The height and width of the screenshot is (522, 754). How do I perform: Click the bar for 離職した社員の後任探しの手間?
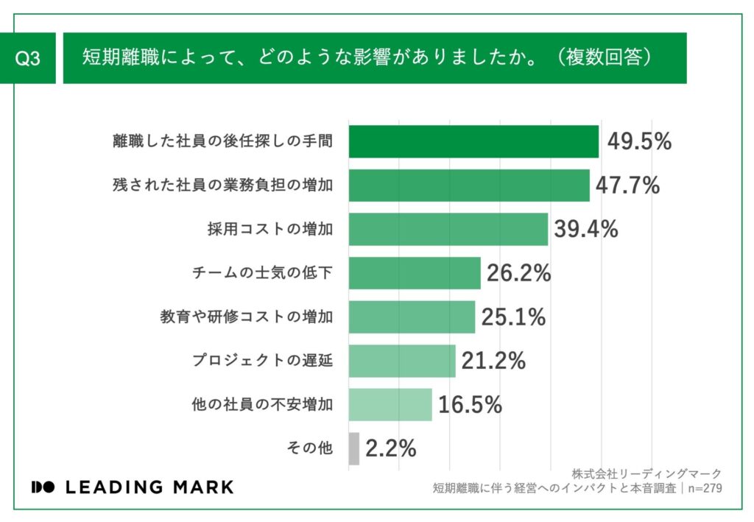point(473,141)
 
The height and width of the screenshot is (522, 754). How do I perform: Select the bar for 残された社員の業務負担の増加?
point(468,186)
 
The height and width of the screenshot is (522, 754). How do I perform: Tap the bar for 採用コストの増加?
point(448,229)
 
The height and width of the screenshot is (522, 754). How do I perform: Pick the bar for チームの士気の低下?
point(414,273)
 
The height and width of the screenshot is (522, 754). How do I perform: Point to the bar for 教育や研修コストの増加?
point(412,317)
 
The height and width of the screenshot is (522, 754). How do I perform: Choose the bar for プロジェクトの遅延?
point(401,361)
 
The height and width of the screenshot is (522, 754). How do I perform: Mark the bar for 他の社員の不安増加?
point(390,404)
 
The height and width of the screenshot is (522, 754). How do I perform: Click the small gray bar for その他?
point(353,448)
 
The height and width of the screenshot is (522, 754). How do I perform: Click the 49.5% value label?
point(639,141)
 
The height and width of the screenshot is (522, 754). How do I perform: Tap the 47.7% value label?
point(627,186)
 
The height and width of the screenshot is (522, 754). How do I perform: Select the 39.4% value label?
point(585,229)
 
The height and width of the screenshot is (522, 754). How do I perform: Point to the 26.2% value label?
point(518,273)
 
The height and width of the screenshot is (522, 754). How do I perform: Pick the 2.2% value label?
point(391,448)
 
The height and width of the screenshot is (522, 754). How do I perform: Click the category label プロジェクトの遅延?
point(262,361)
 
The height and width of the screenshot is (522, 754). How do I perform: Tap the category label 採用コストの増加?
point(269,229)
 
